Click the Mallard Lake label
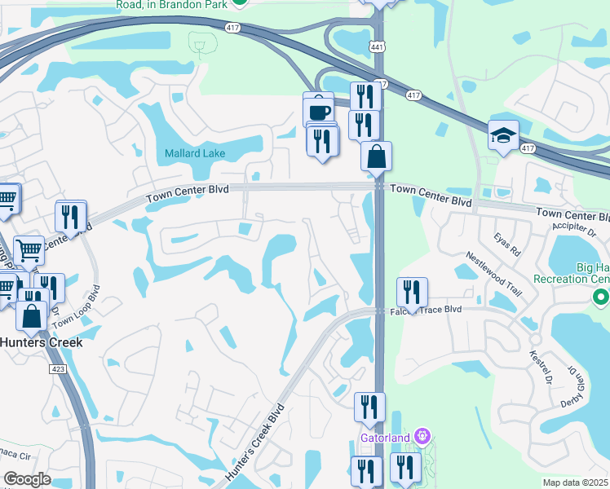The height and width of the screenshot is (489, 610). (195, 153)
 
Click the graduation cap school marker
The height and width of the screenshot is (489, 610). (503, 136)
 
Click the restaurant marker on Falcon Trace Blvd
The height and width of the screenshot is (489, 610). (412, 293)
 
